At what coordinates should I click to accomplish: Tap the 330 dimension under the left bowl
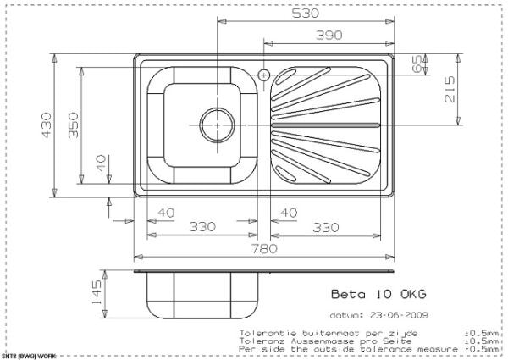pyautogui.click(x=200, y=227)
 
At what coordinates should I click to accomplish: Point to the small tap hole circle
pyautogui.click(x=264, y=75)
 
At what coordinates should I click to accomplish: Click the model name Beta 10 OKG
pyautogui.click(x=377, y=295)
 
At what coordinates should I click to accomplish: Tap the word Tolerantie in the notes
pyautogui.click(x=268, y=333)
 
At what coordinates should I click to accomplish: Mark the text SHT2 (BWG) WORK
pyautogui.click(x=29, y=356)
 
